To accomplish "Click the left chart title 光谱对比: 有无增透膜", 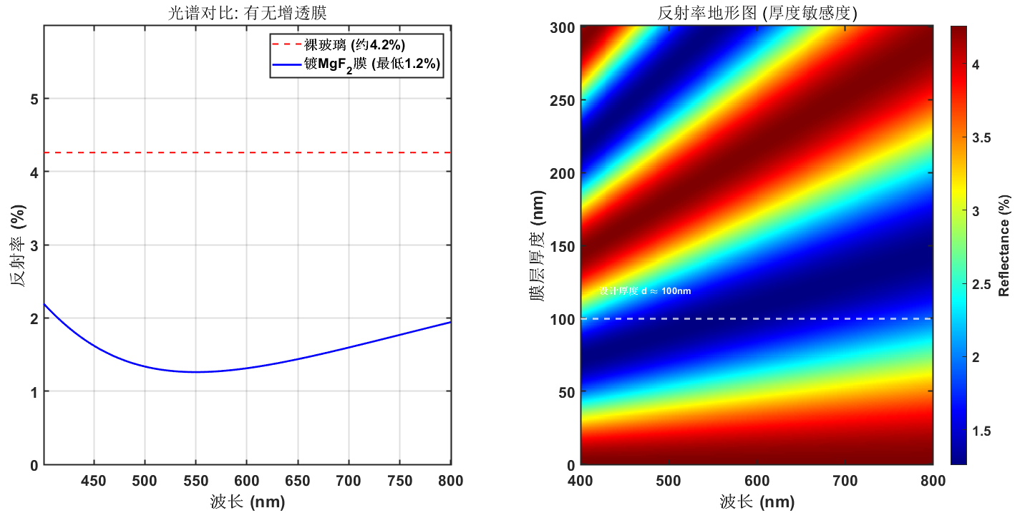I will tap(247, 12).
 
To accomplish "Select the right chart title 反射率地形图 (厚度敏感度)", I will tap(757, 12).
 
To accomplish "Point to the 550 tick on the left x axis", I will tap(195, 480).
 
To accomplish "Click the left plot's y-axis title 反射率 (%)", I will tap(19, 245).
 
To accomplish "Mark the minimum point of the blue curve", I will tap(195, 372).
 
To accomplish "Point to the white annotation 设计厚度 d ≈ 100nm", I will tap(645, 291).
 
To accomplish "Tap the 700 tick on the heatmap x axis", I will tap(845, 480).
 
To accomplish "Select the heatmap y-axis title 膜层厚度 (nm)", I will tap(538, 245).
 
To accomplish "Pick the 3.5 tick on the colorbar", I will tap(983, 138).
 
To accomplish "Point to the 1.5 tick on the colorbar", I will tap(983, 431).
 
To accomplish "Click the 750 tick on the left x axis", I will tap(399, 480).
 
